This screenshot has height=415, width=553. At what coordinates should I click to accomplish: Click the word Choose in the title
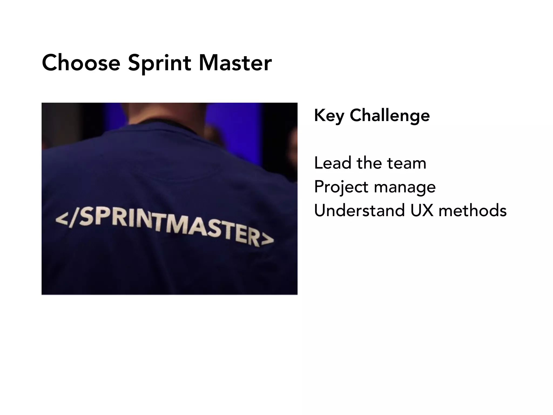(x=81, y=63)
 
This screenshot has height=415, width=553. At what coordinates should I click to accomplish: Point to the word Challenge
(x=389, y=116)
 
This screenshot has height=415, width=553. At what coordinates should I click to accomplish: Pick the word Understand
(x=359, y=210)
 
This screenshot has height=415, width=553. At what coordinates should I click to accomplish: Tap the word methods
(x=473, y=210)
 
